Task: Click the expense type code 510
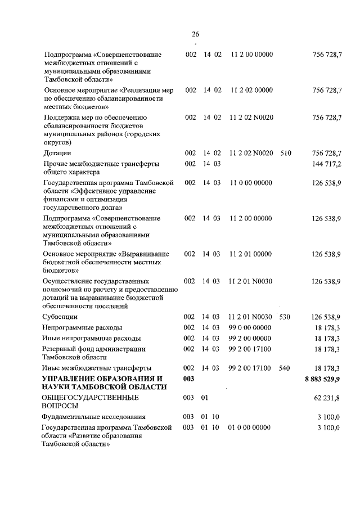point(286,153)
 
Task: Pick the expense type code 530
point(285,317)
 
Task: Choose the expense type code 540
point(285,368)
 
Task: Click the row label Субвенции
point(61,317)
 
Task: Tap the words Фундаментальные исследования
point(93,417)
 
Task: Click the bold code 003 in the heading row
point(189,379)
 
